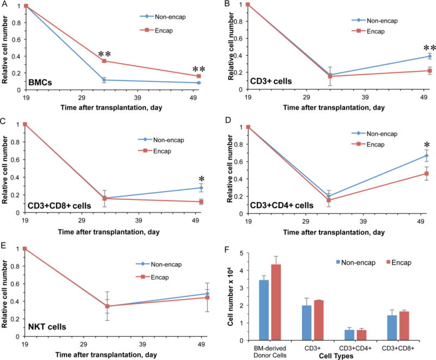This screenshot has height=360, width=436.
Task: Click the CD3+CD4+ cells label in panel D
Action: pyautogui.click(x=284, y=205)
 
